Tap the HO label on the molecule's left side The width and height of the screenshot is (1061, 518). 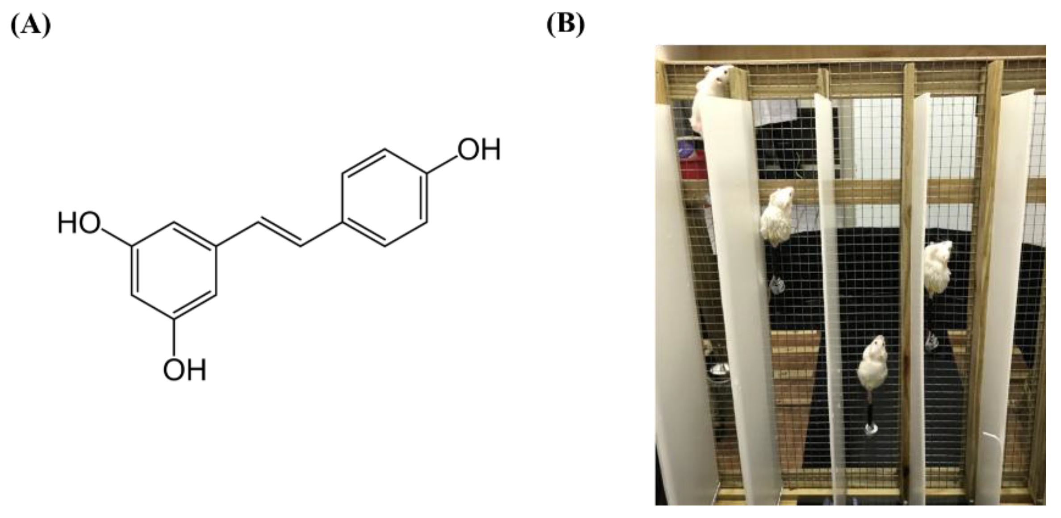click(79, 223)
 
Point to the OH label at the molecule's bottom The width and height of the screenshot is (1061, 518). click(184, 370)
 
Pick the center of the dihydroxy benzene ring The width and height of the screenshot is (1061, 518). click(174, 270)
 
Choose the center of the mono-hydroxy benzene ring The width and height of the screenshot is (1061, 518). click(384, 197)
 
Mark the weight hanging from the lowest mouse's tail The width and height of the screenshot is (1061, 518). click(870, 429)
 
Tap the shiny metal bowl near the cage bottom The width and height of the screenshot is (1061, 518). click(719, 369)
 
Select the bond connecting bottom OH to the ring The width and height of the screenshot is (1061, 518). click(174, 338)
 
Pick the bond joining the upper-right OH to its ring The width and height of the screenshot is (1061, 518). click(442, 165)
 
